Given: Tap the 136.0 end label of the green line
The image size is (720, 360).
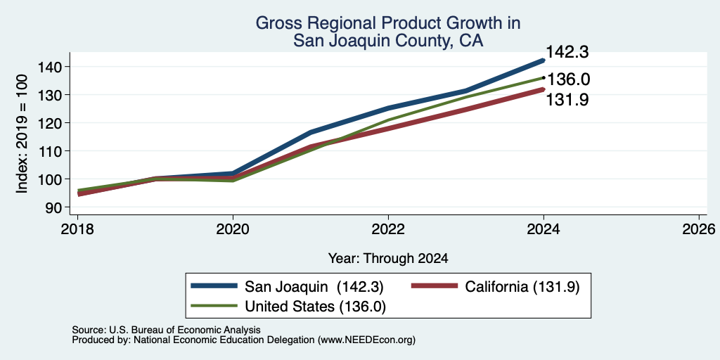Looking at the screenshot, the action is (568, 79).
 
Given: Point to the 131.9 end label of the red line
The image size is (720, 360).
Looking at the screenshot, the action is (567, 100).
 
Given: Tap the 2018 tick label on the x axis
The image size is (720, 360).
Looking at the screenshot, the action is (77, 229).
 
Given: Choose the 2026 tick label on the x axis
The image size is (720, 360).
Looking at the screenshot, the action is (699, 229).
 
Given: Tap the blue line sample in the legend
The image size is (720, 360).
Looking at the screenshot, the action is (214, 286).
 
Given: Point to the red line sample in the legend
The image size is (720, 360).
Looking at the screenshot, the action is (435, 286).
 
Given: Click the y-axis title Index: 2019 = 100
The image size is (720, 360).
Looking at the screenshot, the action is (22, 134).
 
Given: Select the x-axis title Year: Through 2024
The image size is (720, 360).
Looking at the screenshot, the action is (388, 259).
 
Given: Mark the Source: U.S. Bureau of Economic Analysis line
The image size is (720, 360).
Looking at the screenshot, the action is (166, 330).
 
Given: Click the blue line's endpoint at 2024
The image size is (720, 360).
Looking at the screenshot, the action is (544, 60).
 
